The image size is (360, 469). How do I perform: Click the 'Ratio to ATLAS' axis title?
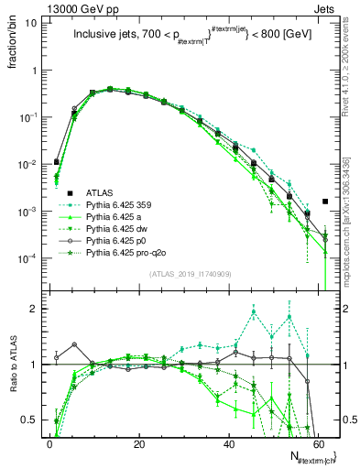[x=14, y=365]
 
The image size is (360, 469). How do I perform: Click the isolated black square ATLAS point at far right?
[x=327, y=202]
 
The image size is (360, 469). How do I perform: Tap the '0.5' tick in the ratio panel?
[x=30, y=420]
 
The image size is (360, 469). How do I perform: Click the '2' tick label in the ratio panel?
[x=35, y=309]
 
